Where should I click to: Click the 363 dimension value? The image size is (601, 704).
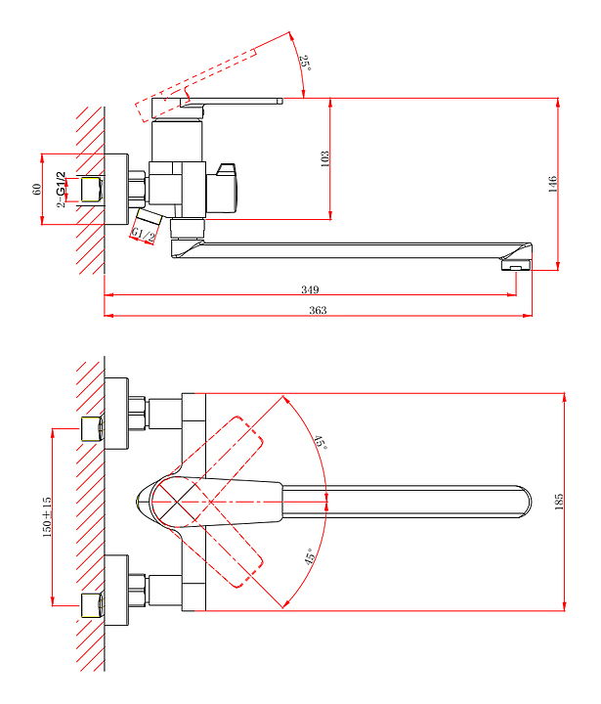tap(318, 310)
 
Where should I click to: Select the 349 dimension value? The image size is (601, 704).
tap(311, 288)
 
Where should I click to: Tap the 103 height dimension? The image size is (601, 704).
tap(325, 158)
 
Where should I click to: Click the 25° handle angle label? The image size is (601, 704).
tap(305, 64)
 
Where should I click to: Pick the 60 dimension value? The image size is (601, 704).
tap(37, 188)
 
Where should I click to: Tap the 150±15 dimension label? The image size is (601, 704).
tap(45, 516)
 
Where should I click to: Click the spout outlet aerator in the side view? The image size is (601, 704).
tap(514, 264)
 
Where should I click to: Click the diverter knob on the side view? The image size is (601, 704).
tap(227, 189)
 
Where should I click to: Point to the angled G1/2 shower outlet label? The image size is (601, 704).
tap(145, 233)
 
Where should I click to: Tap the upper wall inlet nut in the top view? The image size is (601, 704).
tap(93, 428)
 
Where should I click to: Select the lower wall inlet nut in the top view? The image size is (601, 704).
tap(93, 603)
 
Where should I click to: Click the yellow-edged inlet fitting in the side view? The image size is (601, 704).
tap(93, 188)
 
